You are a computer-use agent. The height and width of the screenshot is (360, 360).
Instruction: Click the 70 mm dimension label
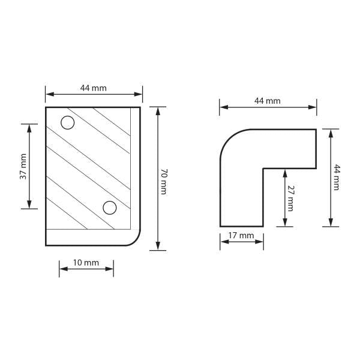tap(163, 179)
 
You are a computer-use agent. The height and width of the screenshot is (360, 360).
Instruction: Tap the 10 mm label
tap(86, 263)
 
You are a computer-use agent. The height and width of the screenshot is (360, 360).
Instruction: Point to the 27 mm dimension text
tap(290, 197)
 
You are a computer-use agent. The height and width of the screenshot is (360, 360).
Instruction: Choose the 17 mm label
tap(242, 235)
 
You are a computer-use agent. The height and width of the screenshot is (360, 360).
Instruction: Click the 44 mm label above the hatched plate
tap(94, 88)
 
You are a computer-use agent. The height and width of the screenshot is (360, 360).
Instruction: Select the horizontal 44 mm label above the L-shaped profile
tap(268, 101)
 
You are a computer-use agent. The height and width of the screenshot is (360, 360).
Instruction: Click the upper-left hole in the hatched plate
tap(68, 123)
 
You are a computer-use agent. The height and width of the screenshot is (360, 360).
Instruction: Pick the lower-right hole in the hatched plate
tap(109, 208)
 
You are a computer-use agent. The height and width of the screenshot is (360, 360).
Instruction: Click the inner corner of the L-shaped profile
tap(263, 168)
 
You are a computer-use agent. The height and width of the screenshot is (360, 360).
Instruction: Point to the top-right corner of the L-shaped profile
tap(316, 130)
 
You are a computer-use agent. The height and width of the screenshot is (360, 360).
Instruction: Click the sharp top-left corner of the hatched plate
tap(46, 107)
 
